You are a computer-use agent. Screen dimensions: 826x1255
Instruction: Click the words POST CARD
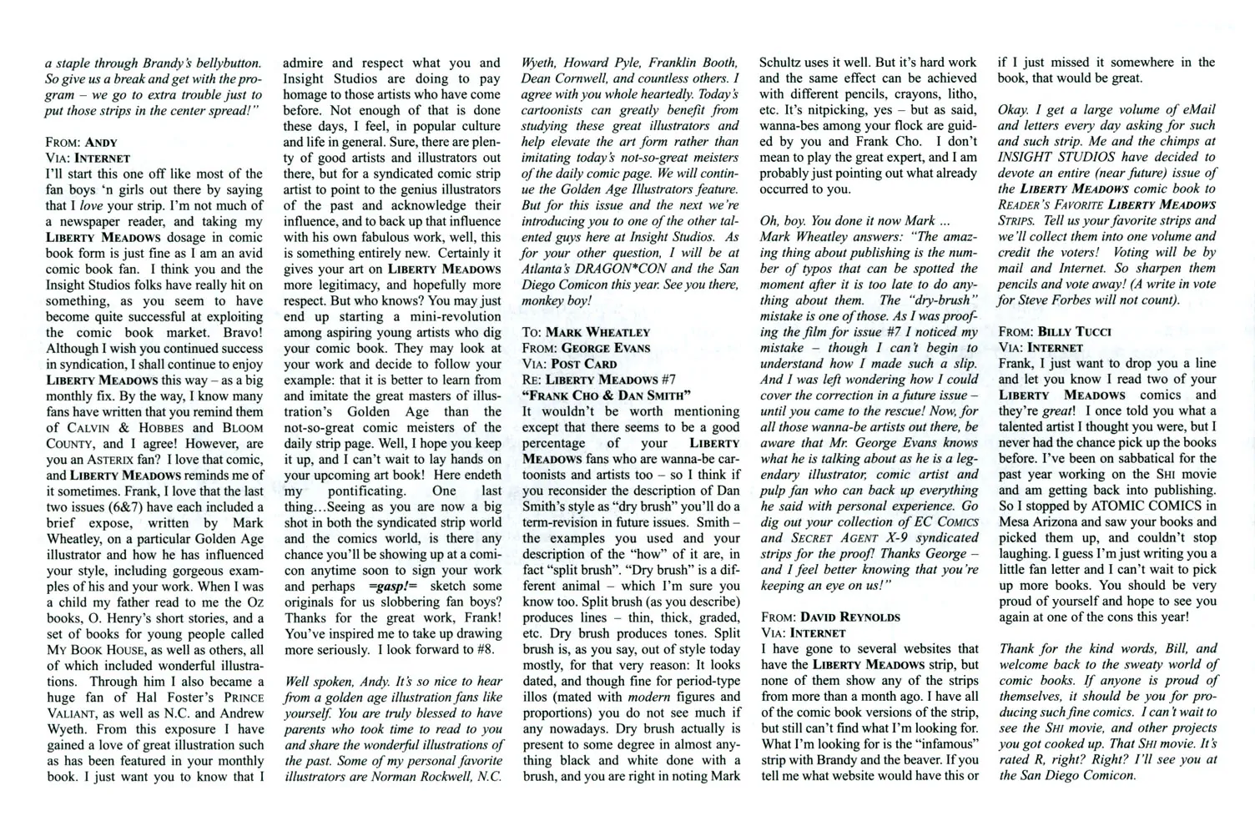tap(584, 364)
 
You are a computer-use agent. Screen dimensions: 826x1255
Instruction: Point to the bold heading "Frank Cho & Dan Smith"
tap(607, 395)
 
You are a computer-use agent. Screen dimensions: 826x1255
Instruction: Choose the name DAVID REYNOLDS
tap(850, 617)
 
